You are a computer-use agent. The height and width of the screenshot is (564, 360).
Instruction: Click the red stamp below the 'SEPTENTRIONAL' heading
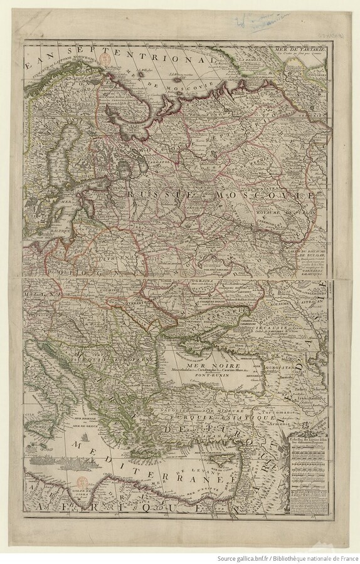pos(115,66)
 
